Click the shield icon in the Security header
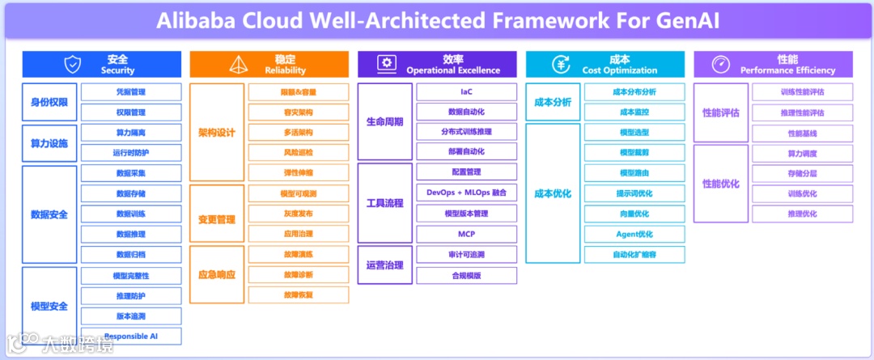tap(73, 64)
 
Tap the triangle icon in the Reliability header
tap(239, 64)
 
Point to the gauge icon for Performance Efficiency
tap(720, 64)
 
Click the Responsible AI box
tap(131, 336)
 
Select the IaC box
tap(466, 91)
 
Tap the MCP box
tap(466, 234)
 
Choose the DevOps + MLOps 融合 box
tap(466, 193)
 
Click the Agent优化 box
tap(634, 234)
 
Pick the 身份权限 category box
tap(49, 102)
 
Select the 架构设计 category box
tap(216, 132)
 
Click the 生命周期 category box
tap(384, 121)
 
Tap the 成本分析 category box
tap(553, 102)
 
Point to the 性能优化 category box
tap(720, 184)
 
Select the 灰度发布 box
tap(299, 214)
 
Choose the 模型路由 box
tap(634, 172)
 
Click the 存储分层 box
tap(802, 172)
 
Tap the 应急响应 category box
tap(216, 274)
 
